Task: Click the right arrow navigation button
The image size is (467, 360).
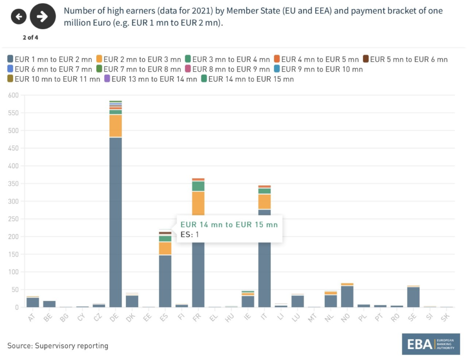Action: pos(42,17)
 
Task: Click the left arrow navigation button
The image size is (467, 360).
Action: pos(19,17)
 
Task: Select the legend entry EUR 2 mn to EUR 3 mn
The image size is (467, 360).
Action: pos(139,59)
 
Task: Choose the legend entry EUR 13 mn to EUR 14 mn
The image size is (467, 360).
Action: pos(150,79)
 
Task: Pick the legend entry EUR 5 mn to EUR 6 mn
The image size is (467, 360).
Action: pos(405,59)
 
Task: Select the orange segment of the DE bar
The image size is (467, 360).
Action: pos(116,126)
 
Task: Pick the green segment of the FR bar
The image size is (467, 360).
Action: pos(198,186)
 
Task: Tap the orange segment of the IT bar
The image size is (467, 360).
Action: pos(265,201)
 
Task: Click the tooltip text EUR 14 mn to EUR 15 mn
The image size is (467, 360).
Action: pos(229,225)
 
